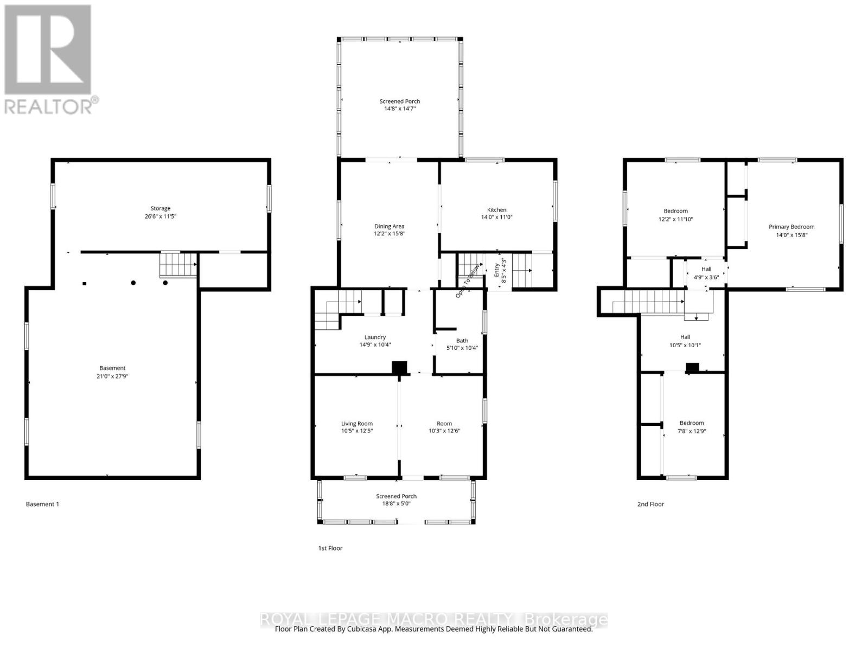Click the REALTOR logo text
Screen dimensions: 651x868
click(x=52, y=105)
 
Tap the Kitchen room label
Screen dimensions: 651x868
click(x=496, y=210)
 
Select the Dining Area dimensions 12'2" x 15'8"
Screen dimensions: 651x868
click(x=389, y=234)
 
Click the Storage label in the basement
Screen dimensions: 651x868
click(x=160, y=208)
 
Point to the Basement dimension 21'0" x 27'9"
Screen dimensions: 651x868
click(x=112, y=375)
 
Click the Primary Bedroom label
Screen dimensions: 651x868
click(x=791, y=227)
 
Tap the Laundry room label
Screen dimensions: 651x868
click(x=375, y=337)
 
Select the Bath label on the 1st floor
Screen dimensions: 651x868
click(x=462, y=341)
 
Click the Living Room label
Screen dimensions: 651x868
click(x=356, y=424)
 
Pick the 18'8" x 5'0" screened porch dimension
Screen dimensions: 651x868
click(x=396, y=503)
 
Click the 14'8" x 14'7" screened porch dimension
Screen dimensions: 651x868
click(x=399, y=108)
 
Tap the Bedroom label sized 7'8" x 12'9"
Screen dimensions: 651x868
click(x=692, y=423)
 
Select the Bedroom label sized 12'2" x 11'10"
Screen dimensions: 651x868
click(x=675, y=211)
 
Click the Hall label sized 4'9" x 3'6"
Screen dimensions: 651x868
click(x=706, y=269)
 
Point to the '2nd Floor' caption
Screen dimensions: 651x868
click(x=650, y=504)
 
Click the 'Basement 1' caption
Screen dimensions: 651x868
click(x=42, y=504)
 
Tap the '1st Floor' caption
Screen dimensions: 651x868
click(x=330, y=548)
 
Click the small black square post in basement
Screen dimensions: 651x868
click(x=84, y=283)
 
